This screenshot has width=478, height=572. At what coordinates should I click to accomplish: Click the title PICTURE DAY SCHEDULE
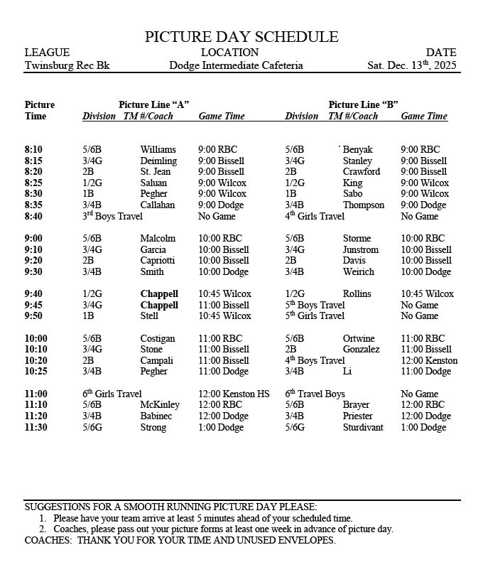[x=241, y=37]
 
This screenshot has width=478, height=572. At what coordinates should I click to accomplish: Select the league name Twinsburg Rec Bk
[x=67, y=65]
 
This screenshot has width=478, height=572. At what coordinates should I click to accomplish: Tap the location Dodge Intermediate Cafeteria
[x=236, y=65]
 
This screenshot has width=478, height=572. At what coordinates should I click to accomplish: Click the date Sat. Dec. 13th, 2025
[x=412, y=65]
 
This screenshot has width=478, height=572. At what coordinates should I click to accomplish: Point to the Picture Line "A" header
[x=153, y=104]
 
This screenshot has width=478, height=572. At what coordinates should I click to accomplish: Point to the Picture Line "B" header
[x=363, y=104]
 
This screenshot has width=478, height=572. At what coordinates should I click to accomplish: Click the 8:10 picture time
[x=33, y=150]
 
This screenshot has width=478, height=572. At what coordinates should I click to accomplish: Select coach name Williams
[x=158, y=150]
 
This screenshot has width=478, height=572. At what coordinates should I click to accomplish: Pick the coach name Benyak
[x=357, y=150]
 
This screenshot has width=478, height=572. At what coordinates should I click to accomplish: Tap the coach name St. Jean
[x=156, y=172]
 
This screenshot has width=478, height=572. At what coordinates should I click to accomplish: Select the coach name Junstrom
[x=361, y=249]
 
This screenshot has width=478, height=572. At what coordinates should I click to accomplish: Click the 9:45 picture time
[x=33, y=305]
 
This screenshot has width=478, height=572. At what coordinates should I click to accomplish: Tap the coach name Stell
[x=150, y=316]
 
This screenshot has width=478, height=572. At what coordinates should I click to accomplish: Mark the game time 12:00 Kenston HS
[x=234, y=394]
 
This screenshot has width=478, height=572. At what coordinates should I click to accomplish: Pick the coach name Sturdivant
[x=363, y=428]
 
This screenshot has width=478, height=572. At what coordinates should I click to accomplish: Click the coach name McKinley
[x=160, y=405]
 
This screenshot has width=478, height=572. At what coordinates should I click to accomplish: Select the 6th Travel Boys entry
[x=315, y=394]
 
